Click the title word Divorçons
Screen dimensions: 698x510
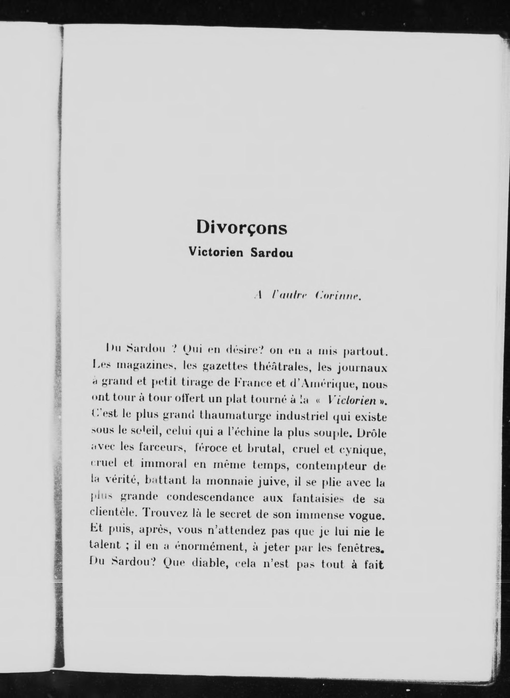(x=242, y=228)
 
